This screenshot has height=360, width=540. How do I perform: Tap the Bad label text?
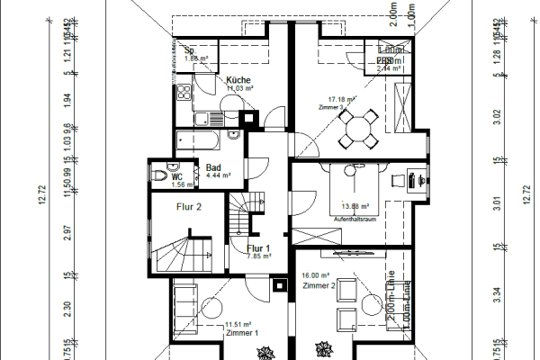click(213, 167)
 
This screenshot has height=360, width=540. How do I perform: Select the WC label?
click(177, 176)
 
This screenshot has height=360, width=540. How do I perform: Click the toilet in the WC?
click(160, 174)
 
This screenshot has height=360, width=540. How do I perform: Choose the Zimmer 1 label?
click(242, 332)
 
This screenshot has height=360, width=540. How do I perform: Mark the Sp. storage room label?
click(190, 50)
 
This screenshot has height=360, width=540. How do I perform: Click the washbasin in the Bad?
click(233, 137)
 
